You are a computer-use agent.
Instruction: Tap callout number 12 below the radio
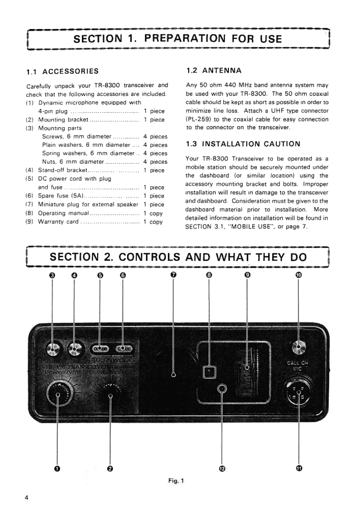tap(222, 469)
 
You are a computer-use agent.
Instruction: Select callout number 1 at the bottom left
tap(57, 469)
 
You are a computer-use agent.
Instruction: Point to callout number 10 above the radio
tap(299, 275)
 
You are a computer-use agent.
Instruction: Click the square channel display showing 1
tap(209, 371)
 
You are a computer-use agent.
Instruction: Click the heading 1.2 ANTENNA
tap(214, 71)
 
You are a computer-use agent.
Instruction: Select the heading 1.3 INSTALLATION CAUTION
tap(243, 144)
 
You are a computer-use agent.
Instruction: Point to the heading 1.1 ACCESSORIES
tap(63, 71)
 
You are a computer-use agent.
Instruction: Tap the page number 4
tap(27, 498)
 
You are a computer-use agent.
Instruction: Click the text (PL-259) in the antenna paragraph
tap(198, 119)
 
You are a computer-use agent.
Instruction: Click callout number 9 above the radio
tap(248, 275)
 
